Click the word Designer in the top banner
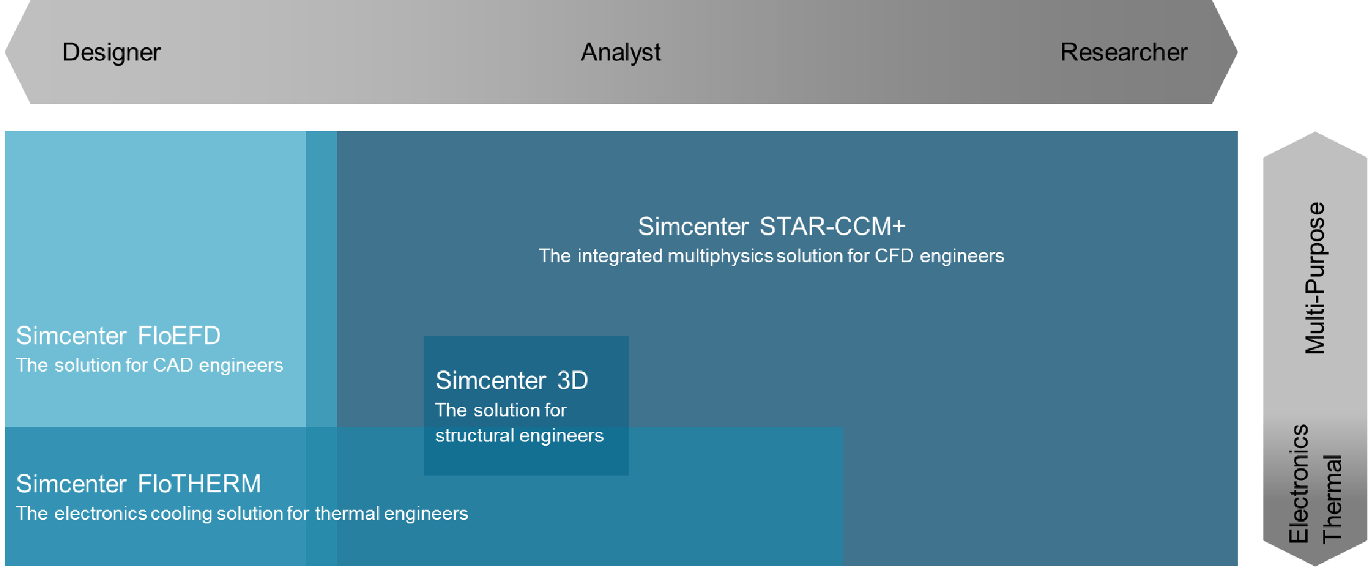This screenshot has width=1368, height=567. pos(112,53)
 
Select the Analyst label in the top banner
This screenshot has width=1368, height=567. pos(621,53)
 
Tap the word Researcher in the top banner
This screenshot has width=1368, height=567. pos(1124,52)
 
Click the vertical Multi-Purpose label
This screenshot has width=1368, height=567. pos(1315,278)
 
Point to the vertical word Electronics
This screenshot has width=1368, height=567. pos(1298,483)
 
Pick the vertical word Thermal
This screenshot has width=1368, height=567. pos(1333,498)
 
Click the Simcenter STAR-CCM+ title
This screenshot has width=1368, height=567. pos(772,226)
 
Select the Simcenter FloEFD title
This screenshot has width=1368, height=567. pos(118,336)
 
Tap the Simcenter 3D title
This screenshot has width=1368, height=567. pos(512,381)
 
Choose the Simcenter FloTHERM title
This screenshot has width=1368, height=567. pos(139,484)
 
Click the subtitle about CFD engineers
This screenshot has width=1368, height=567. pos(772,256)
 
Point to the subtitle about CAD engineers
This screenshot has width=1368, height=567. pos(149,365)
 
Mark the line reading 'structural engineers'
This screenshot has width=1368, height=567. pos(519,436)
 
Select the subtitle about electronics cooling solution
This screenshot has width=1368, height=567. pos(242,513)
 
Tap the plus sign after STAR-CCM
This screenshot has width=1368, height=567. pos(898,227)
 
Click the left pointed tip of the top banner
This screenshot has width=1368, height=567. pos(5,52)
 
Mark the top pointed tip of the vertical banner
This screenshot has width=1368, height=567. pos(1315,133)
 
